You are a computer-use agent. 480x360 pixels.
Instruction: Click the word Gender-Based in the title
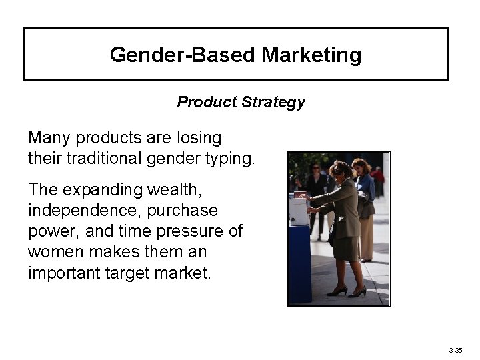coord(183,55)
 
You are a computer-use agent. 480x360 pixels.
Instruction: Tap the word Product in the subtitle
coord(203,102)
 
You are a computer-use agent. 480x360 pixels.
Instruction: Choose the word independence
coord(86,211)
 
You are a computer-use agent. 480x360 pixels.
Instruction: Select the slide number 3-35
coord(455,349)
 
